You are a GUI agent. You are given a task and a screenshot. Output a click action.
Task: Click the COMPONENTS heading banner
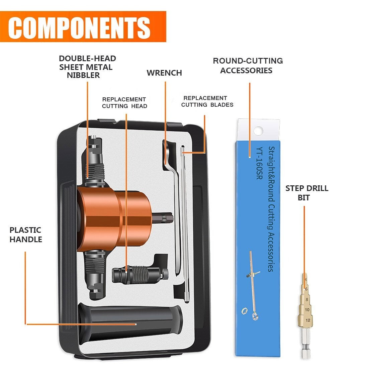coord(83,27)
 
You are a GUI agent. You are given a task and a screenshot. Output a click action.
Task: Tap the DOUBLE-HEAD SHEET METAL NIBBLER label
coord(88,67)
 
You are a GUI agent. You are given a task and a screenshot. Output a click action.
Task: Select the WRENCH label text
coord(164,73)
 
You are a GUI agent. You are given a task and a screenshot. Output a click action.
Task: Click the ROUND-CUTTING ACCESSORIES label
coord(248,66)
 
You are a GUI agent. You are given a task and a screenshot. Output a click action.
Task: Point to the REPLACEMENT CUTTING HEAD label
coord(124,103)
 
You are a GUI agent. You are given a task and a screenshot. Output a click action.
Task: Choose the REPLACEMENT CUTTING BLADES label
coord(207,101)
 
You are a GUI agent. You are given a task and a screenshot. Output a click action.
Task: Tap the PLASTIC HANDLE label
coord(26,235)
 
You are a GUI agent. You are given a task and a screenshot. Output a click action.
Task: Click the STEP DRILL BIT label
coord(306,193)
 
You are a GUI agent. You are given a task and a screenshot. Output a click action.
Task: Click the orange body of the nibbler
coord(110,217)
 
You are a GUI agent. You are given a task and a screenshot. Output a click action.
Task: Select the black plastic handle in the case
coord(130,323)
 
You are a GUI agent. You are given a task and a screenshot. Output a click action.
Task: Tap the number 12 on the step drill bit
coord(308,320)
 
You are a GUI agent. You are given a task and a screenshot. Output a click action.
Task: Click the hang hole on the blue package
coord(258,130)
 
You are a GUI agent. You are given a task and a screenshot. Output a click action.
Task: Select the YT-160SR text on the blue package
coord(259,163)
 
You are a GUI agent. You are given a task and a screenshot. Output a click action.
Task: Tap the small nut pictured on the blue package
coord(245,311)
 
